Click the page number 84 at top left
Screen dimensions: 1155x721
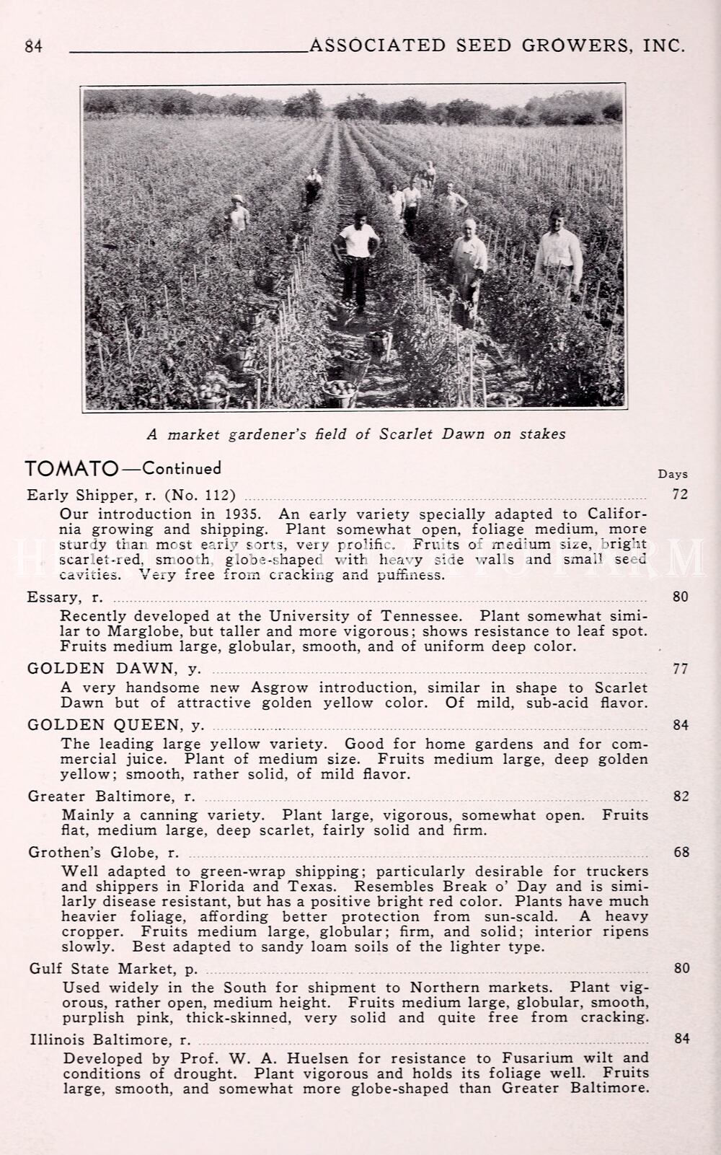[34, 46]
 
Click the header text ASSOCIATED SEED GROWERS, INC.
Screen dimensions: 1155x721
[496, 45]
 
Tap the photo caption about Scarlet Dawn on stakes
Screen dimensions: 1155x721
[356, 434]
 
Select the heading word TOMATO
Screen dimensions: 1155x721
[71, 469]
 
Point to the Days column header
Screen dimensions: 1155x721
[673, 474]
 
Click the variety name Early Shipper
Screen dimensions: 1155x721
[80, 495]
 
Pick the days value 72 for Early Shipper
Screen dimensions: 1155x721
[680, 494]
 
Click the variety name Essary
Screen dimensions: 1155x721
[55, 597]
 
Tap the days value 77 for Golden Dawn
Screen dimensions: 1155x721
[680, 669]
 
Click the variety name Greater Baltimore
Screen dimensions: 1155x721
[102, 796]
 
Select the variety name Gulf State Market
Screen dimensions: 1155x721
[102, 968]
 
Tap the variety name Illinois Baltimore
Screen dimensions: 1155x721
[100, 1040]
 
